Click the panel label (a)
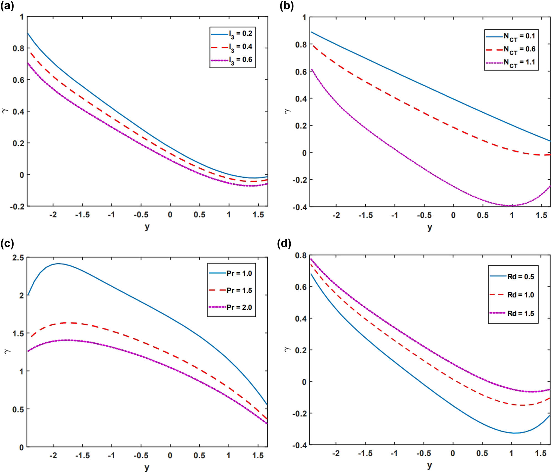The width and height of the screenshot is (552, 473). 7,6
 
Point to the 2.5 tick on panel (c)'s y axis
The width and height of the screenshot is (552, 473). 18,258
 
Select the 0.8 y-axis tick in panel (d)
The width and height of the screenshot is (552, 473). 301,255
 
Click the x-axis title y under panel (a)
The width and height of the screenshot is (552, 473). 147,227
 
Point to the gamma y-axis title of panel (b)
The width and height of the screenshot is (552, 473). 287,111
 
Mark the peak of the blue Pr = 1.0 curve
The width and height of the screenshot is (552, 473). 58,263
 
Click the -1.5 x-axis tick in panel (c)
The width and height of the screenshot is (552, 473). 82,456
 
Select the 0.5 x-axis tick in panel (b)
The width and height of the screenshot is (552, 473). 483,215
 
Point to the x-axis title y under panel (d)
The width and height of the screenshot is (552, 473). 429,466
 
